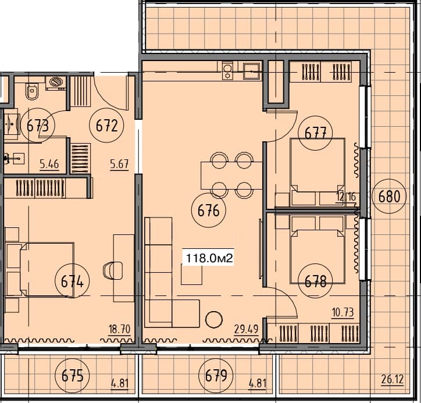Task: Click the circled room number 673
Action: click(37, 125)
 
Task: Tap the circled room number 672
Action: click(106, 125)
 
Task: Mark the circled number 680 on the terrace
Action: click(389, 195)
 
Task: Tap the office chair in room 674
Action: click(112, 271)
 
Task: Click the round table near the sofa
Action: click(215, 319)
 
